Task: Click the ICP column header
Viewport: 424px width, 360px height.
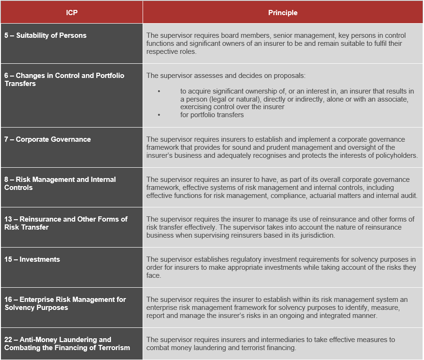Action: [71, 13]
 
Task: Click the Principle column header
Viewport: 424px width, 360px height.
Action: [282, 13]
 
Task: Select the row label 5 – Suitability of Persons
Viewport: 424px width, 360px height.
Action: [45, 35]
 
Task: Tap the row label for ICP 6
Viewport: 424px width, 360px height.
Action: [64, 79]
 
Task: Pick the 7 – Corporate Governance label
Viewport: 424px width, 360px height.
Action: [47, 139]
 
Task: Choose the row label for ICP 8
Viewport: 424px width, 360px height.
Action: [60, 183]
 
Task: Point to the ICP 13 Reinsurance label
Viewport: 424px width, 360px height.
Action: [66, 223]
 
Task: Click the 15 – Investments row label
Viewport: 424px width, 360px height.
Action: [32, 259]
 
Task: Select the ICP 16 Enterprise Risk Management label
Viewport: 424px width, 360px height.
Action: [65, 303]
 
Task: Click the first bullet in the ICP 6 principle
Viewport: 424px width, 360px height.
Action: [159, 91]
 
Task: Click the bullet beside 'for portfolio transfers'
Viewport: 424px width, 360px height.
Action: [159, 115]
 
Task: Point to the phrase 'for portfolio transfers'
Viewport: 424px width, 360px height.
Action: [212, 115]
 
